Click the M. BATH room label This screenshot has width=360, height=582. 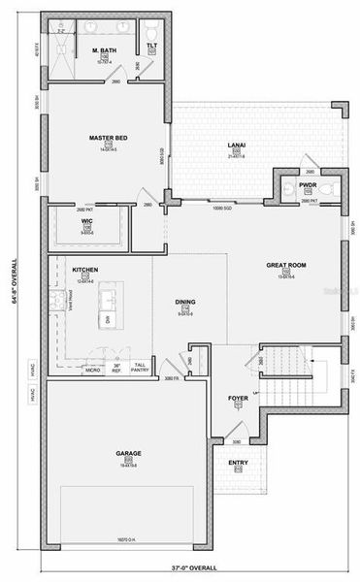point(104,49)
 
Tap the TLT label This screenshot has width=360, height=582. point(152,46)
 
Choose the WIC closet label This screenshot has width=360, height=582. point(86,221)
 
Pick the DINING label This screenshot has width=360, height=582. point(185,303)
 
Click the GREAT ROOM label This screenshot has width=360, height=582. point(286,265)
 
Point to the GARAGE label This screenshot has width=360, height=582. point(128,452)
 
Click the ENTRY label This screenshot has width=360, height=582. point(239,463)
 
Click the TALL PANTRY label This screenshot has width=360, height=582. point(140,368)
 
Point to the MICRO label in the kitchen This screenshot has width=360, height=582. point(94,370)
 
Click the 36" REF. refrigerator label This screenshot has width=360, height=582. point(116,368)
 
